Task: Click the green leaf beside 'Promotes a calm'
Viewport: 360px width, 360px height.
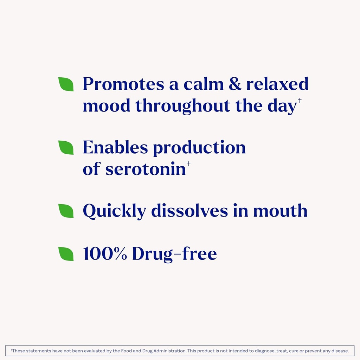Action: click(66, 84)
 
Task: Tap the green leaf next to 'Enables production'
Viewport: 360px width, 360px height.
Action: click(66, 148)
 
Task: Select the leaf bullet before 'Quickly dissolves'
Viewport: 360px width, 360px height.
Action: click(66, 211)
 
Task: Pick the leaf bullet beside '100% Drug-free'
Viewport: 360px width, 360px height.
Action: click(66, 254)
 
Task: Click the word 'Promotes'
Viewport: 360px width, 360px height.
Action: click(123, 84)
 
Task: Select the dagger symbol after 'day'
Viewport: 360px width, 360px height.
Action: click(300, 101)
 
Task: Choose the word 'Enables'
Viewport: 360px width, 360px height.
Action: click(115, 148)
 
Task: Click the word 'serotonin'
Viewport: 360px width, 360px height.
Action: click(146, 169)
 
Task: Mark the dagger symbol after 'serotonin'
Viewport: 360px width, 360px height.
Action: click(188, 164)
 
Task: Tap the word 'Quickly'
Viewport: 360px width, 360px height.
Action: click(114, 211)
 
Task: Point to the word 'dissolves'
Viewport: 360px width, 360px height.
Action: click(189, 211)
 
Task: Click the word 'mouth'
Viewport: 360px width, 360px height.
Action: click(280, 211)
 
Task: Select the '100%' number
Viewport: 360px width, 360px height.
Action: click(105, 254)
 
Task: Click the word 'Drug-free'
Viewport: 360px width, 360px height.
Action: click(174, 254)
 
